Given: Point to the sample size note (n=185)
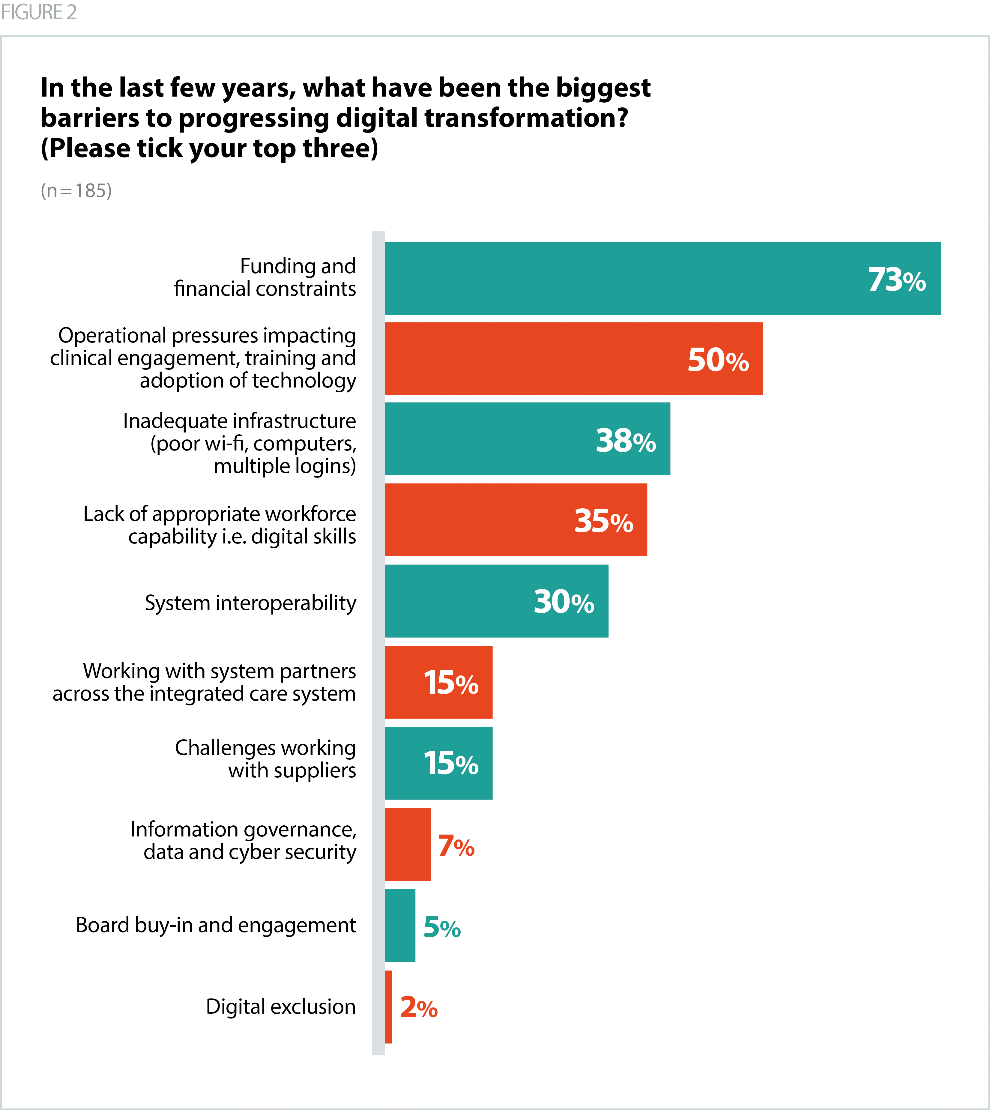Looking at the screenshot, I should pyautogui.click(x=76, y=191).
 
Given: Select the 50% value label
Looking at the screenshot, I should pyautogui.click(x=718, y=360).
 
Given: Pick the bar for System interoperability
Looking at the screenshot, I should pyautogui.click(x=496, y=601).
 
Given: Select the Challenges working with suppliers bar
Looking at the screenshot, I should pyautogui.click(x=438, y=763).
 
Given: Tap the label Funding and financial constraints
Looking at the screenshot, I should pyautogui.click(x=265, y=277).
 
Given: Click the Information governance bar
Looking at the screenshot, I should pyautogui.click(x=407, y=844).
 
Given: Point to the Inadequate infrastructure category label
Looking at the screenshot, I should pyautogui.click(x=239, y=443).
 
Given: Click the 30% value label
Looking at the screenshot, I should pyautogui.click(x=564, y=602).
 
